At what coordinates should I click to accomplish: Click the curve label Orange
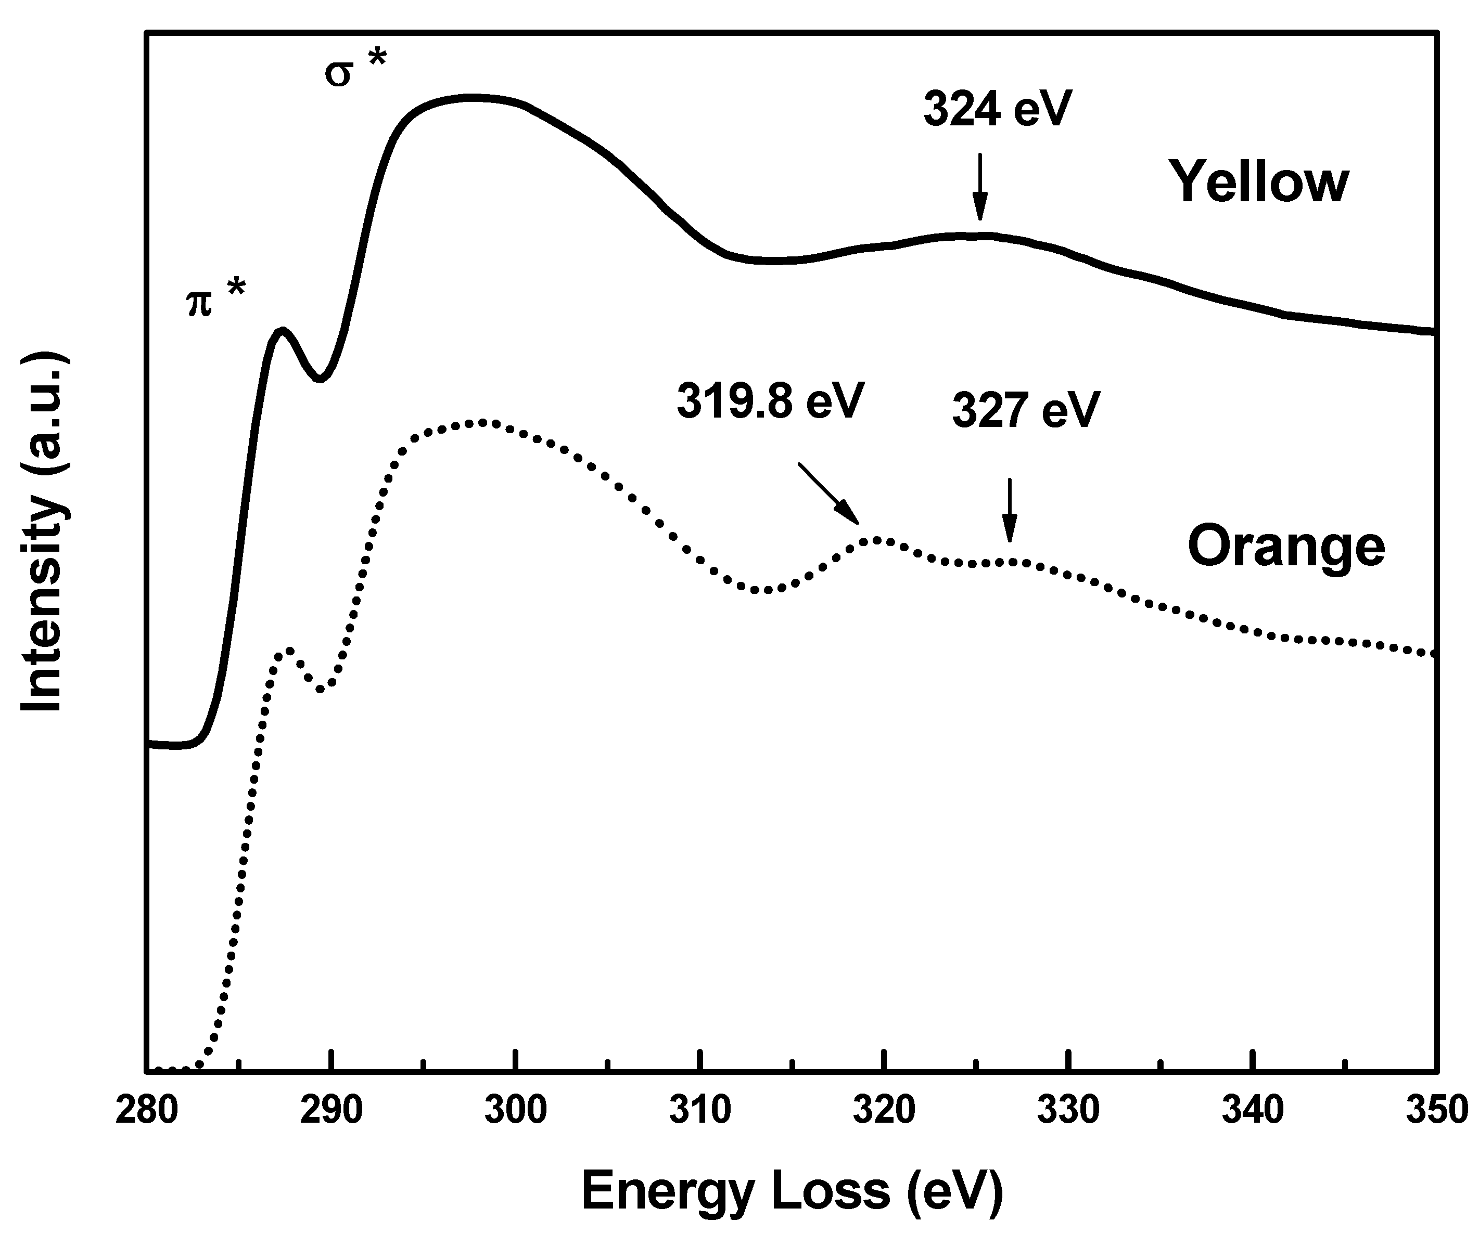coord(1286,546)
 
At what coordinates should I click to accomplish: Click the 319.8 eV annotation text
coord(769,402)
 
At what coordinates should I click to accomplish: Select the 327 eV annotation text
coord(1025,410)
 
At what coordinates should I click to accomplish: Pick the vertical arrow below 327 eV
coord(1010,510)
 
